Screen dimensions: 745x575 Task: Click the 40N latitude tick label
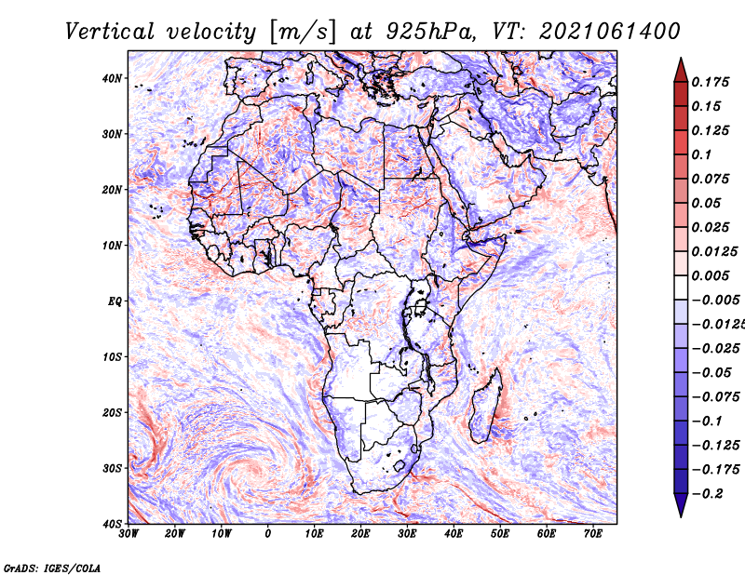click(112, 78)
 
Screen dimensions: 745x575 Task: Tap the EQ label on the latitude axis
click(115, 301)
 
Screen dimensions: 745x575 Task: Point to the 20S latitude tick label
click(112, 412)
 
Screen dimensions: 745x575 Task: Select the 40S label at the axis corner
click(112, 524)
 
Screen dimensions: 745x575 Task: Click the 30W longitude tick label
click(129, 534)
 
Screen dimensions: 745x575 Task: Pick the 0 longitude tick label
click(268, 534)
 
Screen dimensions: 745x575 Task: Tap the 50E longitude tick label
click(500, 534)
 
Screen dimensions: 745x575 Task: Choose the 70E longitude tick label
click(593, 534)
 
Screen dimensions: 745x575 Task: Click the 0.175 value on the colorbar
click(711, 82)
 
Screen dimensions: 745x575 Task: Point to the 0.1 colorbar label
click(701, 154)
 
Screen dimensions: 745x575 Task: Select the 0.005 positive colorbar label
click(711, 275)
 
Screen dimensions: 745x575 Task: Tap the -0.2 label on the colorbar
click(708, 494)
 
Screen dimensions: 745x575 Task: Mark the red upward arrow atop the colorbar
click(681, 70)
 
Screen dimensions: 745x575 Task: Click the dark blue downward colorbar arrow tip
click(681, 516)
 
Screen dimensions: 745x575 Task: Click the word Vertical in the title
click(110, 32)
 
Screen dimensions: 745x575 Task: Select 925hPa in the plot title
click(431, 32)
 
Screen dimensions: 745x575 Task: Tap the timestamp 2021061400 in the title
click(610, 32)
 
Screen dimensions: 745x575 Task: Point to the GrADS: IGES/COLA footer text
click(52, 568)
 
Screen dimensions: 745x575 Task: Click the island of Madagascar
click(486, 406)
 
